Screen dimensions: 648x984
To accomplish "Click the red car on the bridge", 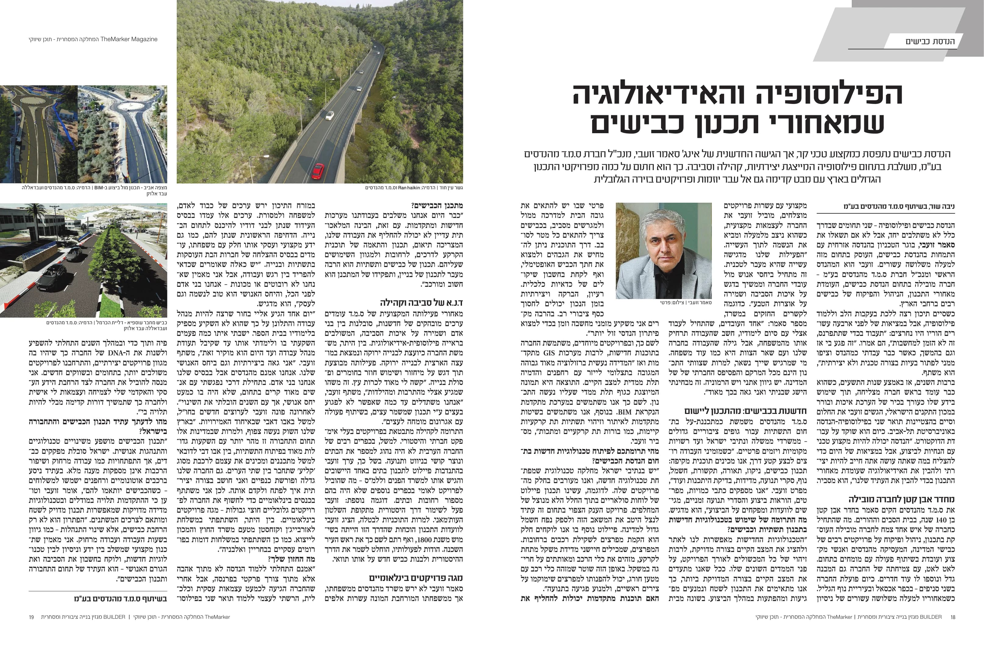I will point(318,170).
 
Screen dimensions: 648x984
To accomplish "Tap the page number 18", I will point(953,617).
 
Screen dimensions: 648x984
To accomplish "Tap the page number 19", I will point(31,617).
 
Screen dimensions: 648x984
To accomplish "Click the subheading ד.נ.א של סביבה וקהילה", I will point(421,302).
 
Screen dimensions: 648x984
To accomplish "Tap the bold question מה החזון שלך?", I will point(291,559).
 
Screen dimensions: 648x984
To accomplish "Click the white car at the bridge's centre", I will point(329,115).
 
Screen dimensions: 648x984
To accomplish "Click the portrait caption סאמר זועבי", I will point(698,302).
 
